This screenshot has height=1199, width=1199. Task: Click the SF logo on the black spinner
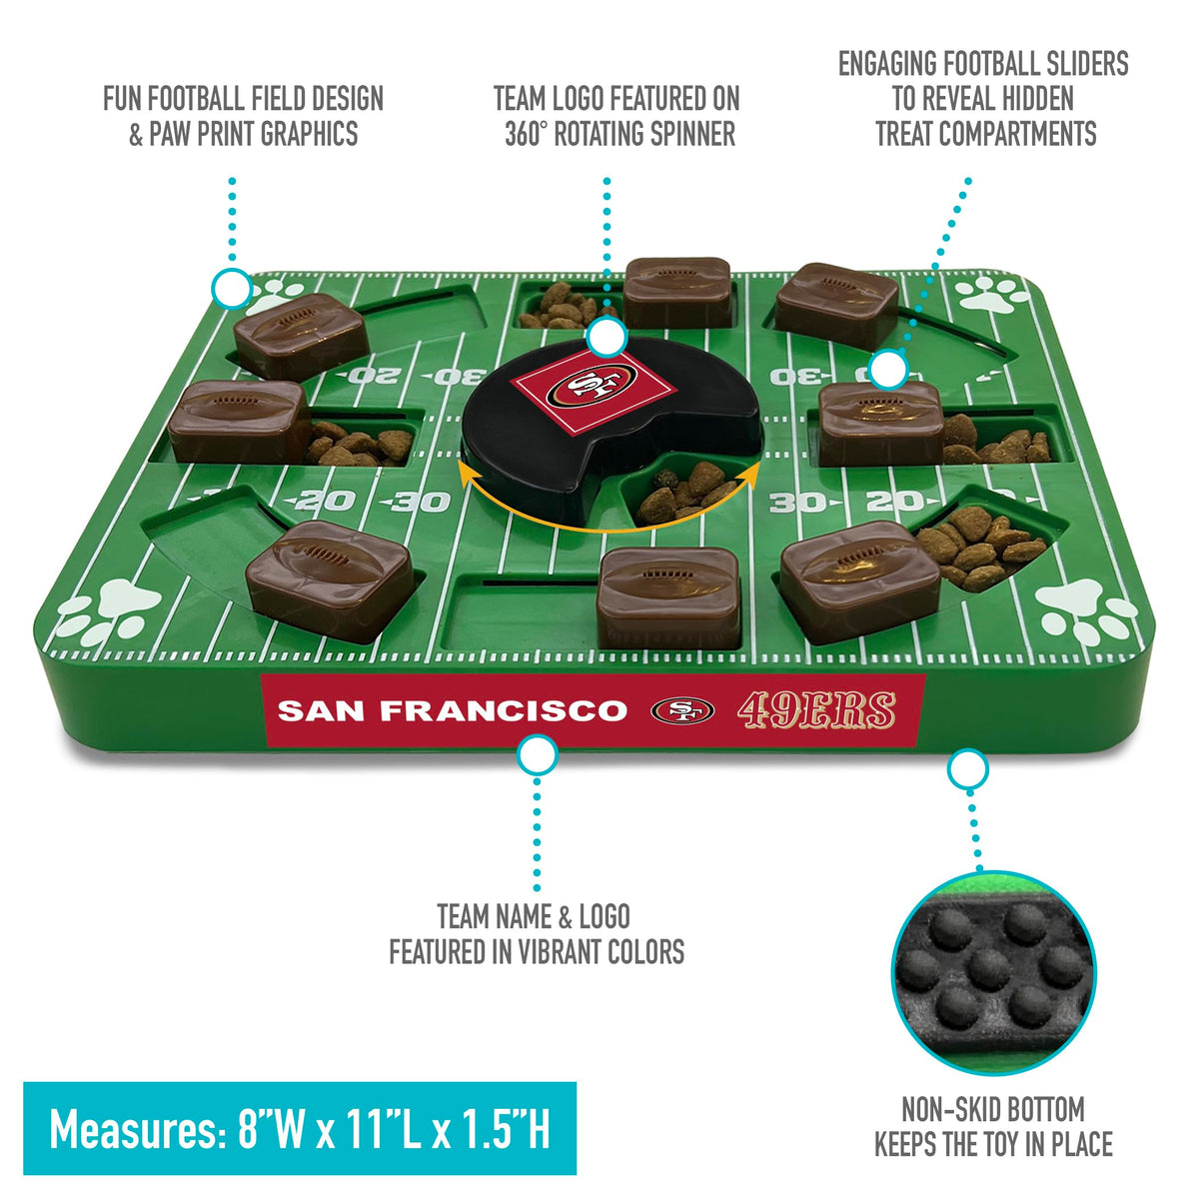(592, 386)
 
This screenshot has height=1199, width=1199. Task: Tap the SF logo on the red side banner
(682, 710)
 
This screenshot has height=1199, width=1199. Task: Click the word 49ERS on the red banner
(816, 709)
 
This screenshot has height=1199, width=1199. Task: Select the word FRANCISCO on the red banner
(504, 710)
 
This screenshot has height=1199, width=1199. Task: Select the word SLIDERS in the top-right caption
(1078, 64)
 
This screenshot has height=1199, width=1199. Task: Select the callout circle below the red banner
(537, 755)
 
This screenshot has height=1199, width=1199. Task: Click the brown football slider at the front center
(668, 599)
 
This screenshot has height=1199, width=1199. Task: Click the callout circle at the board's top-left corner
(232, 288)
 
